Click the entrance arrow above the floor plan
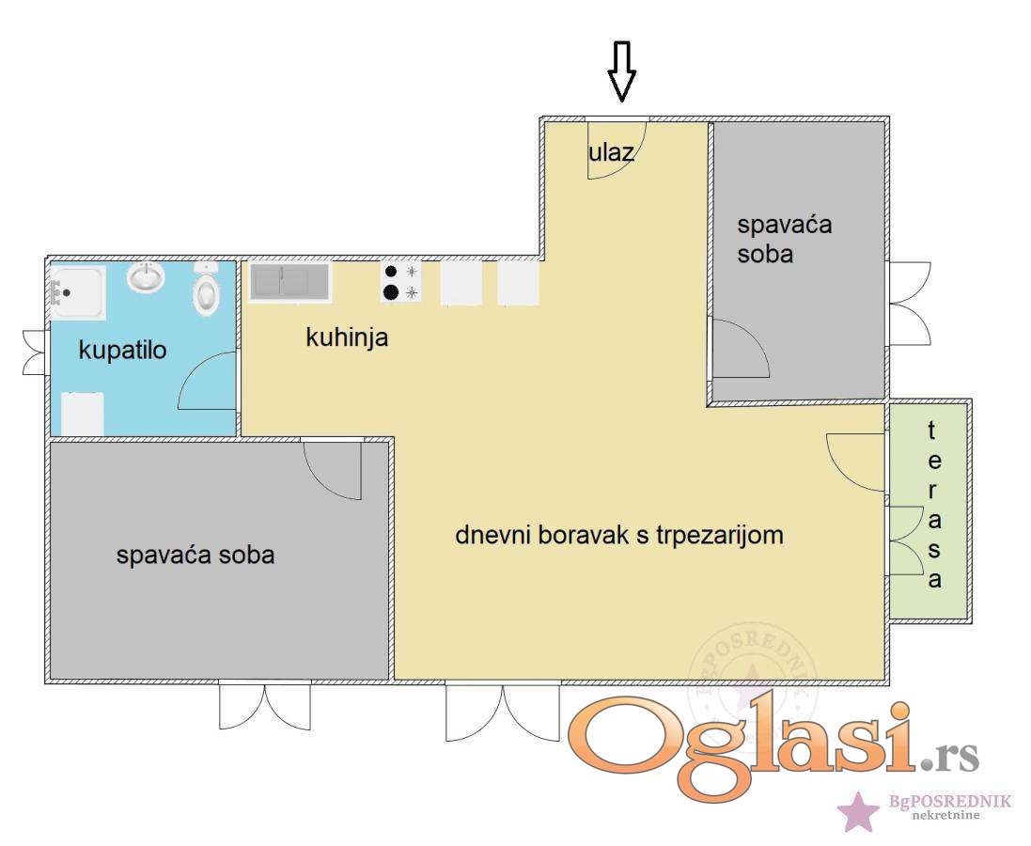(621, 71)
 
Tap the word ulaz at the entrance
(611, 152)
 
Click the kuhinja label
(347, 337)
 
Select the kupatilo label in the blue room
(122, 350)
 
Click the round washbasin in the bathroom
(146, 276)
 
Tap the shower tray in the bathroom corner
(78, 292)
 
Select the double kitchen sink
(289, 282)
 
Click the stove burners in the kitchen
(401, 282)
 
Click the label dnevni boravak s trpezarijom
(618, 535)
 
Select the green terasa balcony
(929, 510)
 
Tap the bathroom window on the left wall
(35, 352)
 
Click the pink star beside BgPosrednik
(858, 811)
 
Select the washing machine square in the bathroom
(83, 414)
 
